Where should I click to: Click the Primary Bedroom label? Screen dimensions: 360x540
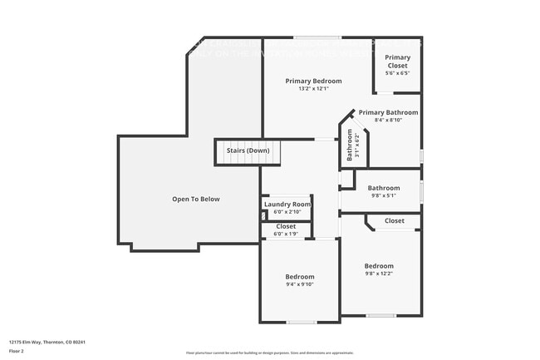click(x=313, y=81)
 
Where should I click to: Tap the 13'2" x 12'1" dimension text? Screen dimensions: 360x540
click(x=313, y=89)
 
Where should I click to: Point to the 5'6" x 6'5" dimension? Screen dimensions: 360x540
click(x=398, y=74)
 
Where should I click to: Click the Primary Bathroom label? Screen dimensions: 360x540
click(x=388, y=112)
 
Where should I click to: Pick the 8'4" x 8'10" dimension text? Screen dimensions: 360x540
click(x=388, y=121)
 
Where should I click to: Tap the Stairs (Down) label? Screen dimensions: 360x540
click(x=248, y=150)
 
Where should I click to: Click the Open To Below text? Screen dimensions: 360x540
click(x=196, y=200)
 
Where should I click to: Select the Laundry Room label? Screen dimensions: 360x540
click(x=287, y=205)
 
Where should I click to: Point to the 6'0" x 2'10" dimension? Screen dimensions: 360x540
click(x=287, y=212)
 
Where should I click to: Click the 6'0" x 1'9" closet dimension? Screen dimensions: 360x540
click(x=286, y=234)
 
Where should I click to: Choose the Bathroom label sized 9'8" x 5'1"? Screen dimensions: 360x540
click(x=384, y=189)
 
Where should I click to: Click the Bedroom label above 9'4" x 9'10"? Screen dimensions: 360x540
click(x=300, y=277)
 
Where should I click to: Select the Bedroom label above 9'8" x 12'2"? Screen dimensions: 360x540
click(x=379, y=267)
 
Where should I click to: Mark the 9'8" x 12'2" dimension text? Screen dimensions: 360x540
click(x=379, y=274)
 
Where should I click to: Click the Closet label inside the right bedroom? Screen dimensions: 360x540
click(x=395, y=221)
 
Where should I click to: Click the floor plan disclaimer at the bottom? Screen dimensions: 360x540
click(x=269, y=353)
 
